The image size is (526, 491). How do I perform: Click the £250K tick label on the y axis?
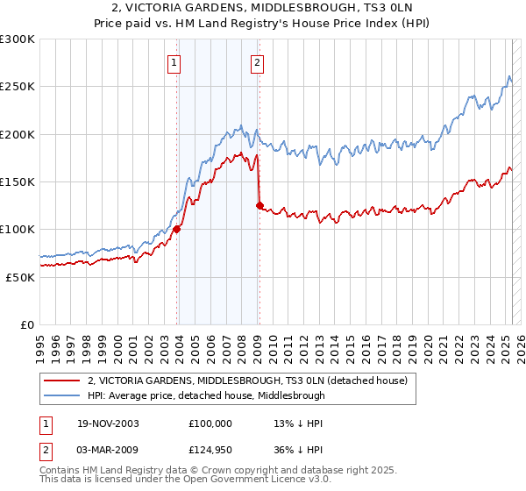[18, 87]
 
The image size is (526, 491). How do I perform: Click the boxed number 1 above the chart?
[175, 62]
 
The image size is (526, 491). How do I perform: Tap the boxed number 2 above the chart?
[258, 62]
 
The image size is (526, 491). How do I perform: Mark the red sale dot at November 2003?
[177, 229]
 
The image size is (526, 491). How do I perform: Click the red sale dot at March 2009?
[259, 205]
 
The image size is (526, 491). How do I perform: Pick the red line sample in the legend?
[61, 381]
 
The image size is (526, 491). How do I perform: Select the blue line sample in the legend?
[61, 395]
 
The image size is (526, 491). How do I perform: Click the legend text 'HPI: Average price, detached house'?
[206, 395]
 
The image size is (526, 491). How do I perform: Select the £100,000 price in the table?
[210, 423]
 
